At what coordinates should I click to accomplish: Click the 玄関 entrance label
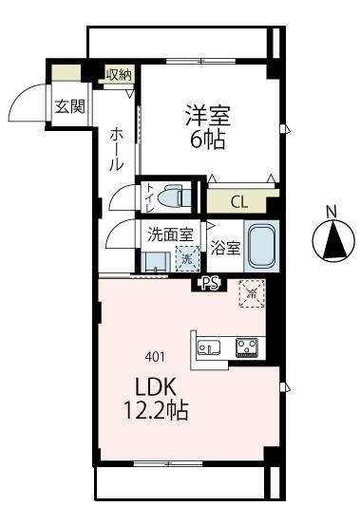68,105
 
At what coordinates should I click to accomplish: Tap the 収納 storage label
119,74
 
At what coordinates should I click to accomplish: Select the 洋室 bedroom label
208,117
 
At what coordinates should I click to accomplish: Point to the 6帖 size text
208,142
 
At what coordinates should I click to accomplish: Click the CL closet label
239,201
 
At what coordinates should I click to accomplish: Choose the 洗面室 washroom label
170,234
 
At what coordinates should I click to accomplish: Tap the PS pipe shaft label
210,282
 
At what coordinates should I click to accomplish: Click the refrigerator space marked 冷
252,294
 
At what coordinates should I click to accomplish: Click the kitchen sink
207,347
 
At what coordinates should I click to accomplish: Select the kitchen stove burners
247,347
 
